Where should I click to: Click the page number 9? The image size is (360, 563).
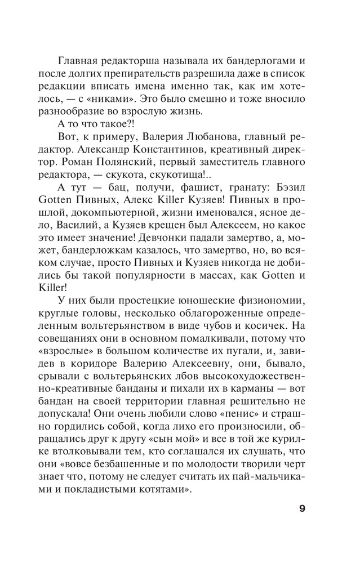tap(302, 508)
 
